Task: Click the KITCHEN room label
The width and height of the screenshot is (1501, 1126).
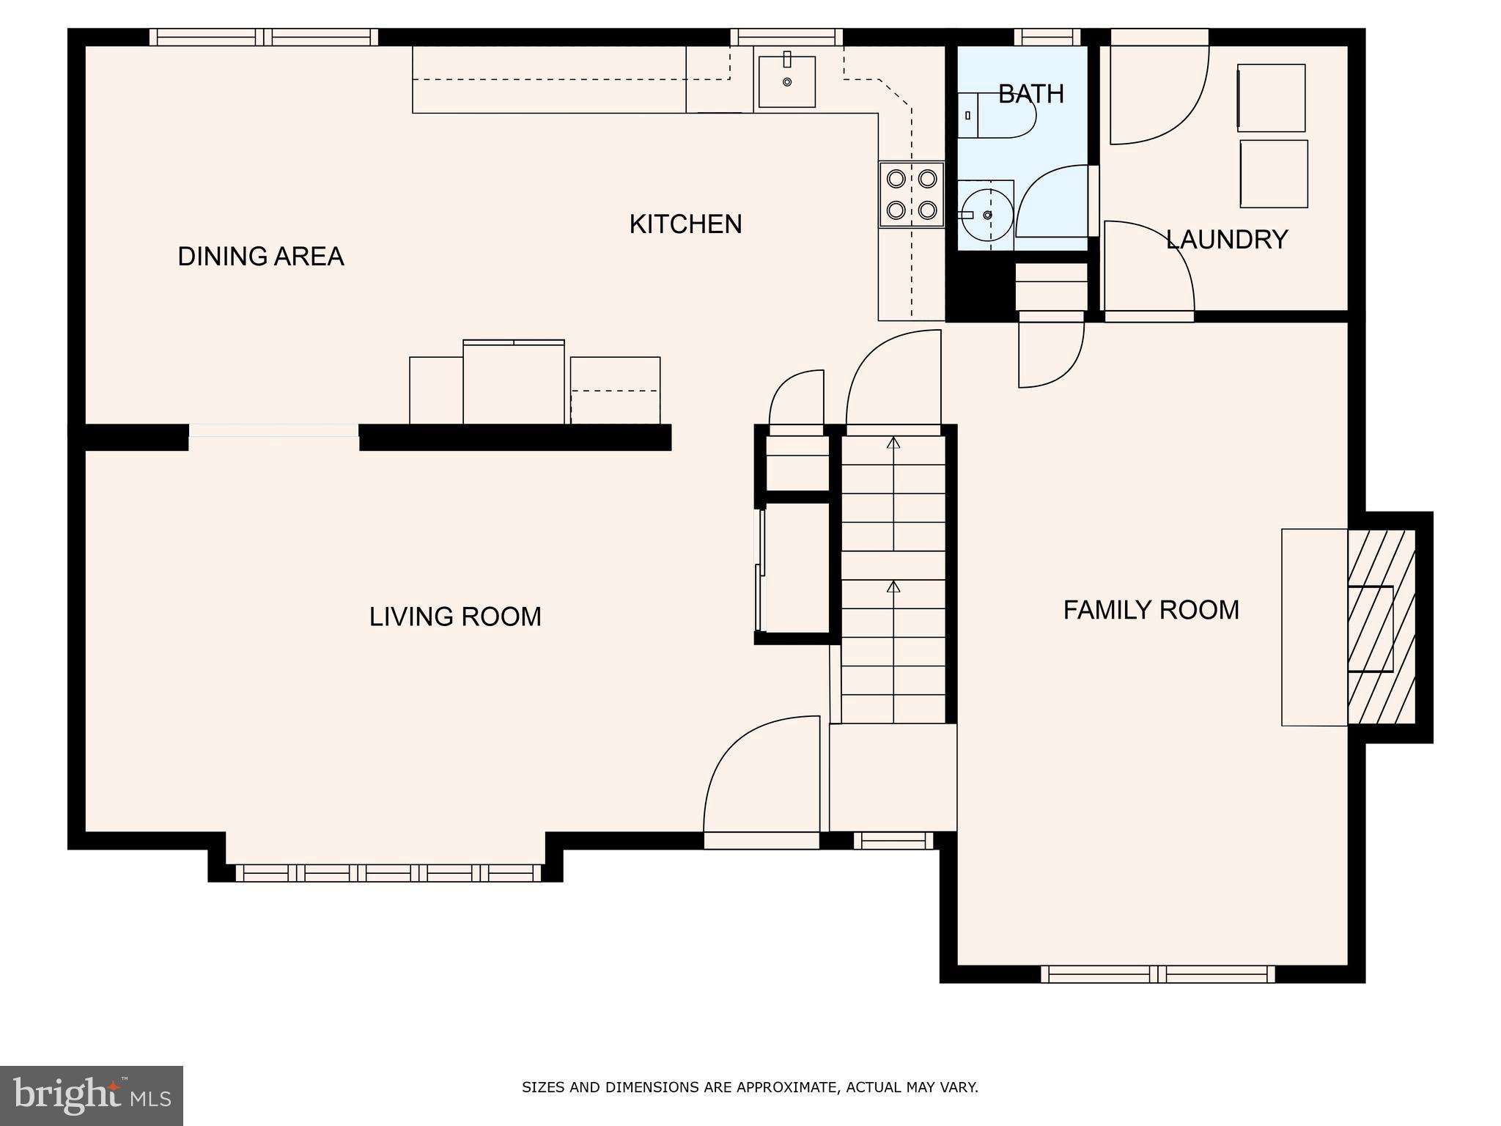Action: (685, 224)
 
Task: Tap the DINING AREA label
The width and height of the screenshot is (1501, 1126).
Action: (260, 257)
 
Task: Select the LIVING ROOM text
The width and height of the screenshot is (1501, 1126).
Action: (454, 617)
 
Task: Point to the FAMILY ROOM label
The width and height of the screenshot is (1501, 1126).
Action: (1151, 610)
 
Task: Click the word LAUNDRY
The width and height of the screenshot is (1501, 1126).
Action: (1226, 240)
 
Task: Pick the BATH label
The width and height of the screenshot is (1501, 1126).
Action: (1030, 94)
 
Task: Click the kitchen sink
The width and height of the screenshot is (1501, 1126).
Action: (786, 81)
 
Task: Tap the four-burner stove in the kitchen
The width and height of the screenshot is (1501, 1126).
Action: (911, 194)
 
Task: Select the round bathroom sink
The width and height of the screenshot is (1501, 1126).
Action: (986, 214)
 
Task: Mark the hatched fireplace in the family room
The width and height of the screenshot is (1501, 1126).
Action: (1381, 628)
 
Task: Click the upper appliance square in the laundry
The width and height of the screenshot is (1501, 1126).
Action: (1271, 98)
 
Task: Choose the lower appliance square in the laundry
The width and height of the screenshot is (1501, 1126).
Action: (1274, 174)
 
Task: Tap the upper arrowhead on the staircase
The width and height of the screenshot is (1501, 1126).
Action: (893, 443)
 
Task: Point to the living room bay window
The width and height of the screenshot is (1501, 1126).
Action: (388, 872)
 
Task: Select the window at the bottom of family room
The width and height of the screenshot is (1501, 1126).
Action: (1157, 974)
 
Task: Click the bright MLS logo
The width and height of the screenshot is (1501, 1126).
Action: (92, 1095)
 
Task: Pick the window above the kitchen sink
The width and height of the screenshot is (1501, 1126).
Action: (786, 37)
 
